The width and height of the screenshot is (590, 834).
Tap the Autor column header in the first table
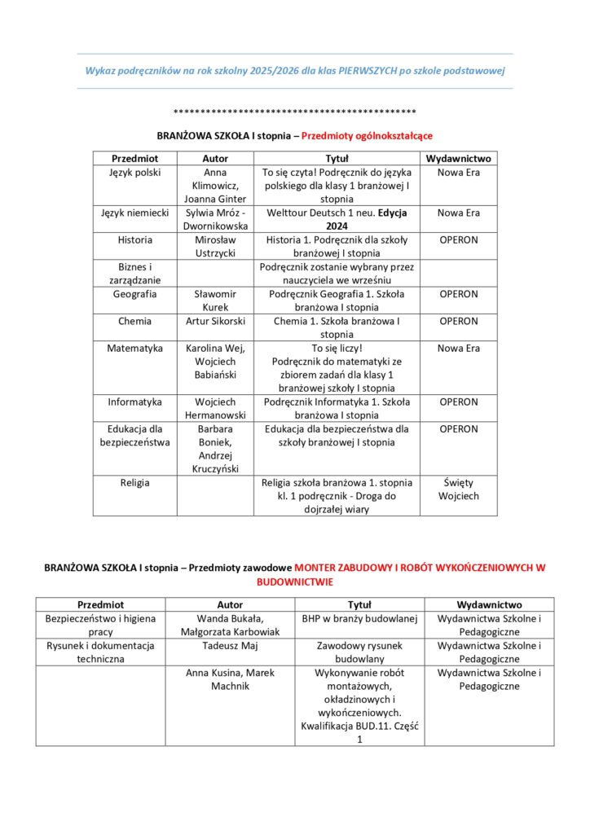215,158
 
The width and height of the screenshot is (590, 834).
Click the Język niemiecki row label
134,213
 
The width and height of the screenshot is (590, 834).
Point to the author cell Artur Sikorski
215,321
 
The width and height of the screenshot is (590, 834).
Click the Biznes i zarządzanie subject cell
134,274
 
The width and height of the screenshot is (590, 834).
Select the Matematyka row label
134,348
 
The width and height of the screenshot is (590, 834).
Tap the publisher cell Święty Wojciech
459,489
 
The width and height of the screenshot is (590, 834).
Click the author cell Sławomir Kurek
215,301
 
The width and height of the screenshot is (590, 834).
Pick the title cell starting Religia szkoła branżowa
337,495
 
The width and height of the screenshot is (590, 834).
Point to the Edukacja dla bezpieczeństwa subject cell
134,436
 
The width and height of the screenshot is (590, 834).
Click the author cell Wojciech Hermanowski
215,408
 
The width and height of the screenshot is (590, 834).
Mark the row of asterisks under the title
295,112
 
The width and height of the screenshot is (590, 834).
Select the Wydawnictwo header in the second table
489,605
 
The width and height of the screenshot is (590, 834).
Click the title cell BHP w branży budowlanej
359,619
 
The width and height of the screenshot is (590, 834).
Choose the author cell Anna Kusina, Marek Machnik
230,679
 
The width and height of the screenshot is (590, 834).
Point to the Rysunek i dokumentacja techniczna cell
100,652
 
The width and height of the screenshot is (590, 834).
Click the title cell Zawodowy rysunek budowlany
359,652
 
